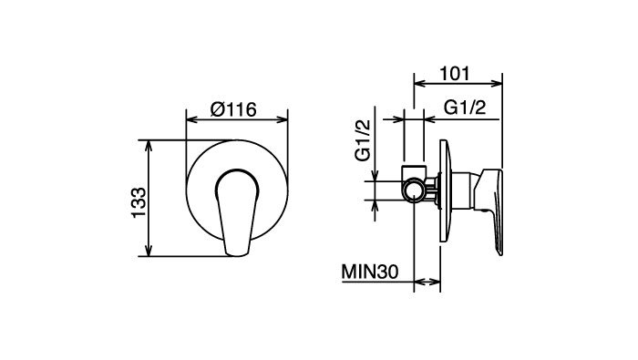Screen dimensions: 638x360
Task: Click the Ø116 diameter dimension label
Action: (233, 109)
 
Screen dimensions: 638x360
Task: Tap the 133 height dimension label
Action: (139, 202)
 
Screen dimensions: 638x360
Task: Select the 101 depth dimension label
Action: (455, 73)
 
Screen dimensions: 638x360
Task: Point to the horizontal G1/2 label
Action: (465, 108)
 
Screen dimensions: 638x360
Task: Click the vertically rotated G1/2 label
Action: (364, 140)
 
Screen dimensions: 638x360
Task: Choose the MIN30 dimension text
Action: (370, 272)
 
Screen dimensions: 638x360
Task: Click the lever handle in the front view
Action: (236, 212)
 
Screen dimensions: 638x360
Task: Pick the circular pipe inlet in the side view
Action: (414, 190)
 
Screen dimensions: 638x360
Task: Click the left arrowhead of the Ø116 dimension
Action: (191, 119)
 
